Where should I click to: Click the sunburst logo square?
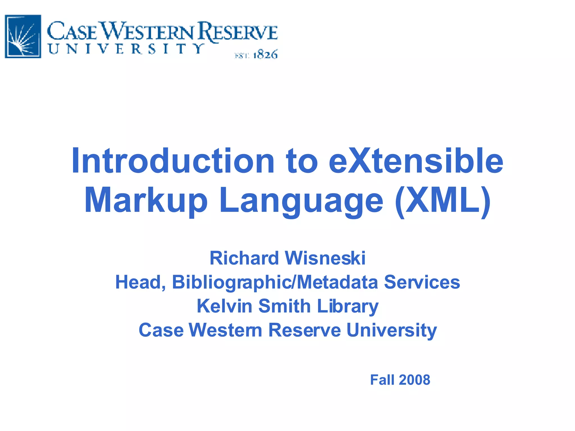[23, 36]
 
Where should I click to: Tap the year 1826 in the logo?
[265, 54]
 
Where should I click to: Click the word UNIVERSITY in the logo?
[126, 49]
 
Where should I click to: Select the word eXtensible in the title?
[416, 161]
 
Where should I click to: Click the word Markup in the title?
[146, 201]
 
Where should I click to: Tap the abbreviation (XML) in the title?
[443, 201]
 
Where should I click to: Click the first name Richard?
[244, 258]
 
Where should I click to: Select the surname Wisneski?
[325, 258]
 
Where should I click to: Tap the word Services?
[422, 282]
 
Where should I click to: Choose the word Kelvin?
[224, 306]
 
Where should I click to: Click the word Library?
[348, 306]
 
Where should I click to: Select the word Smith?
[284, 306]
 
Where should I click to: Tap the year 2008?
[414, 380]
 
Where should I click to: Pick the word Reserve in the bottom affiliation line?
[305, 330]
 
